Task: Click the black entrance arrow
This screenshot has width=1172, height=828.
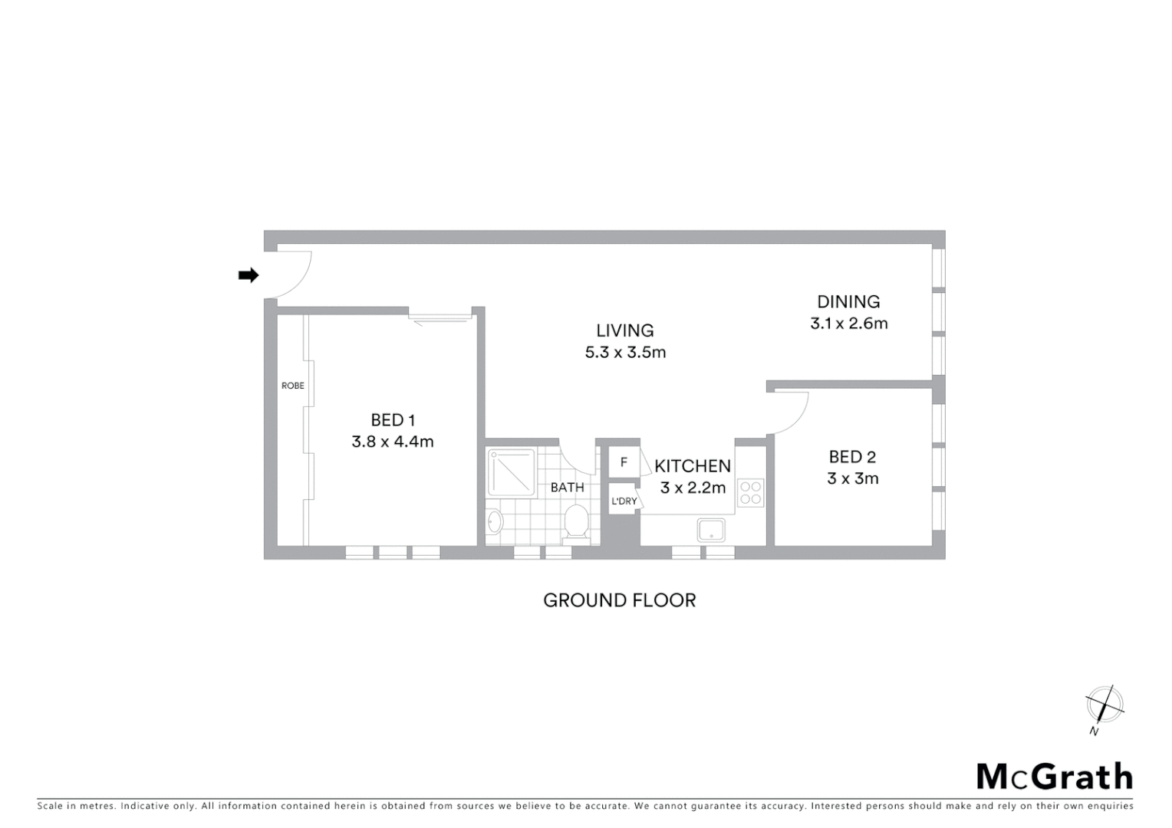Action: [x=248, y=275]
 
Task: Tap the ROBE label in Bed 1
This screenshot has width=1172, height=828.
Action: [x=292, y=386]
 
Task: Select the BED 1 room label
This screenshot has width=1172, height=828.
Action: [x=393, y=420]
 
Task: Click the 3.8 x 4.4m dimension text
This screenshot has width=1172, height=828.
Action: [x=393, y=442]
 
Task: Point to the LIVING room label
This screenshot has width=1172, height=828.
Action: [x=625, y=330]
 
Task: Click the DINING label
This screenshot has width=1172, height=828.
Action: [x=848, y=302]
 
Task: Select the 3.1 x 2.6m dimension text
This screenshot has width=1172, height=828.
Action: [x=848, y=324]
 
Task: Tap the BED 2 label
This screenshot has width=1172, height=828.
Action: [x=852, y=458]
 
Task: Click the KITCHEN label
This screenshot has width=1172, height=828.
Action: [x=693, y=466]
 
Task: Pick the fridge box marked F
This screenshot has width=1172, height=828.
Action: [x=624, y=462]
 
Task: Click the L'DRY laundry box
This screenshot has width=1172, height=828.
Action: [x=624, y=501]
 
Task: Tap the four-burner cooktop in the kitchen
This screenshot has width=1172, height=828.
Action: [x=751, y=492]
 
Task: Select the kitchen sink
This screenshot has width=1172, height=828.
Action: [x=711, y=529]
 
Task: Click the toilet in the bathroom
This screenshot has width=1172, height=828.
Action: [x=576, y=523]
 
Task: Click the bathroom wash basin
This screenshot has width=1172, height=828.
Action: [x=495, y=523]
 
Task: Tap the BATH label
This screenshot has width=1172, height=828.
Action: [x=567, y=488]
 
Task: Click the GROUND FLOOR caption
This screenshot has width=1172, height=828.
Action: [x=619, y=600]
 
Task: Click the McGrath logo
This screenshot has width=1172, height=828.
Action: [x=1054, y=777]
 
